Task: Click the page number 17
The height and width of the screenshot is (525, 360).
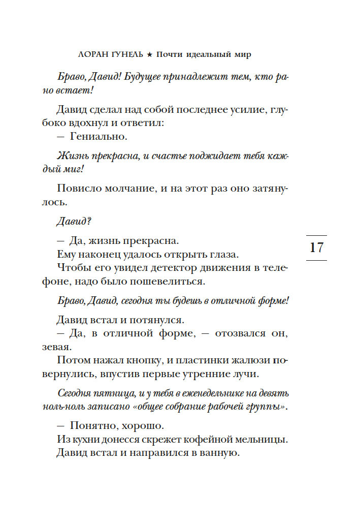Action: pos(316,248)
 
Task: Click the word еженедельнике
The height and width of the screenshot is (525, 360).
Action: pos(199,394)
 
